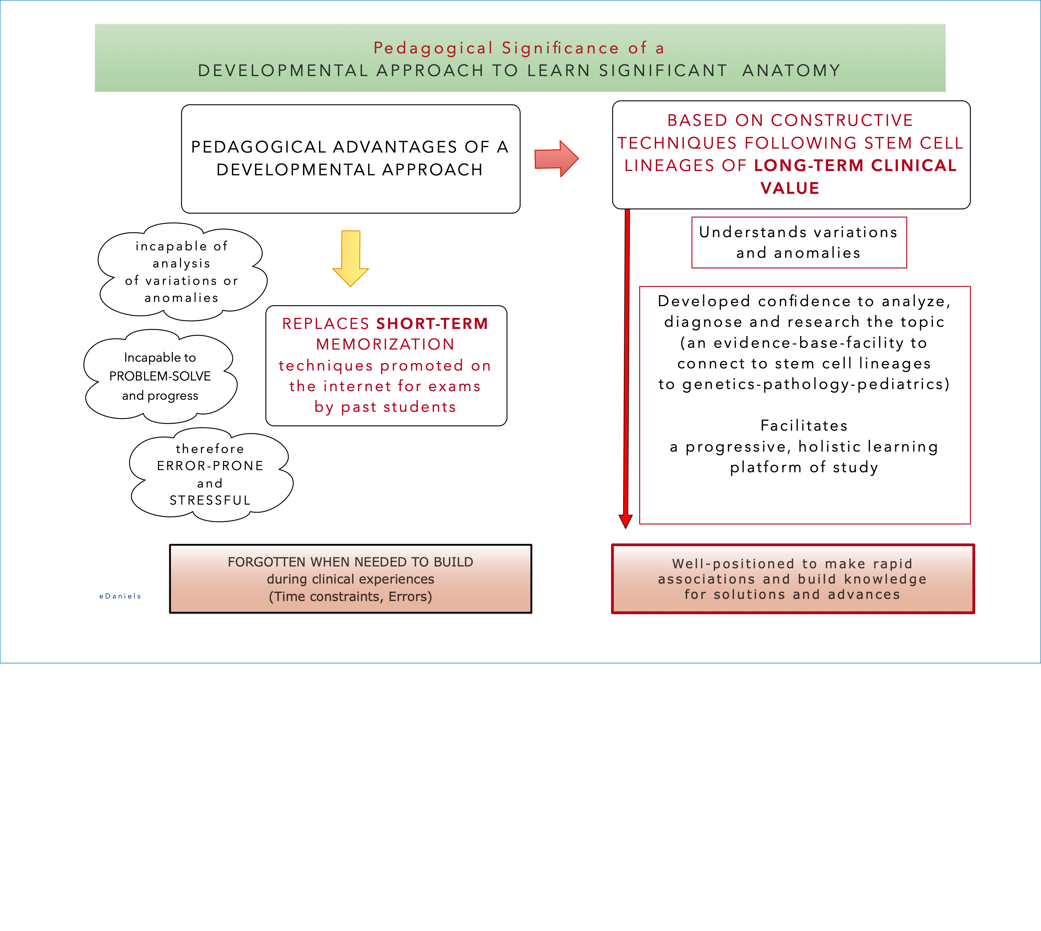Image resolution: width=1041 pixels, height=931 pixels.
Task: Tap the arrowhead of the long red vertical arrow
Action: (625, 521)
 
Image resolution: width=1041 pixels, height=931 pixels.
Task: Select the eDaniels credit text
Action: (120, 596)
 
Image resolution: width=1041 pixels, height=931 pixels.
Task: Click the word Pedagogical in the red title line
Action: (433, 48)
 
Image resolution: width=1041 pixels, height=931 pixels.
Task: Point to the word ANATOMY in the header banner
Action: (791, 71)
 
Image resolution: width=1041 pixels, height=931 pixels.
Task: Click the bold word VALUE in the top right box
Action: (790, 188)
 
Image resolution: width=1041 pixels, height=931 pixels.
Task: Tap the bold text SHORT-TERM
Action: (432, 324)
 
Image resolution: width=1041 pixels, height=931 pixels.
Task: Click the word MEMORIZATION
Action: (385, 344)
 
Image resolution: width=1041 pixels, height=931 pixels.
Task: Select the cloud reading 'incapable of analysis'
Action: (182, 272)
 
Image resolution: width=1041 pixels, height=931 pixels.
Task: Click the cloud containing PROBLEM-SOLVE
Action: (160, 377)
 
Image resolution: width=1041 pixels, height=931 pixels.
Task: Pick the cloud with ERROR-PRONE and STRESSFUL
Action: (210, 475)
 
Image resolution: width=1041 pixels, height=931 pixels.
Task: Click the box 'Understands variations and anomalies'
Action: (798, 243)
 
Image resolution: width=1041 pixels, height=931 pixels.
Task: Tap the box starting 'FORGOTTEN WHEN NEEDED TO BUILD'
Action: (350, 579)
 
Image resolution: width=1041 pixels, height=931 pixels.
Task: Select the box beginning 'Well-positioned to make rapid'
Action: (792, 579)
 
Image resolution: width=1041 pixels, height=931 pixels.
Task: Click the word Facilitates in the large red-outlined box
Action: (804, 426)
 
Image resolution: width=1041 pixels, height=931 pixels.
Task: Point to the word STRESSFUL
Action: (210, 500)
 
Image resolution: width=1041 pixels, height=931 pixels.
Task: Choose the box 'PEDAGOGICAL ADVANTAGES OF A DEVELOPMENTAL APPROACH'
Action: (350, 159)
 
